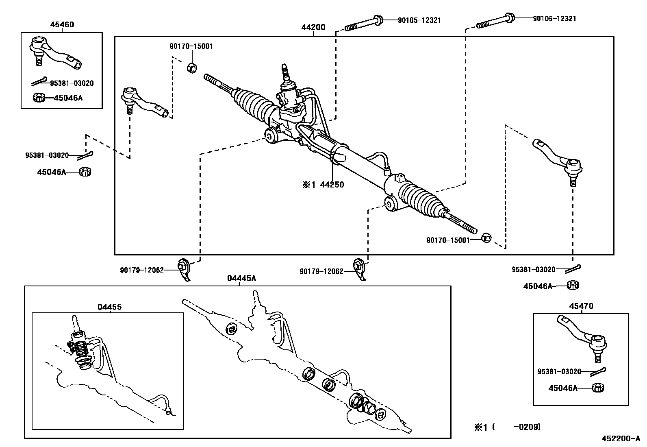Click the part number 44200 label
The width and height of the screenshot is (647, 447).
click(x=313, y=28)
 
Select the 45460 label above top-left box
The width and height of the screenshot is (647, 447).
click(x=62, y=24)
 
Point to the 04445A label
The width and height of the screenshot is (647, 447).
click(x=241, y=278)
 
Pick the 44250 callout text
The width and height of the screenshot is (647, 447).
click(x=332, y=185)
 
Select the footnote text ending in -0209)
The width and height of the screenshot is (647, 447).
click(x=507, y=427)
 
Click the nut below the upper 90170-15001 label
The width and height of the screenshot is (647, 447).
click(x=192, y=67)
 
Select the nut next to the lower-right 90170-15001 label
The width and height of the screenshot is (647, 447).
click(x=486, y=238)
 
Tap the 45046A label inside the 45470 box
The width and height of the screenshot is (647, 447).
click(x=562, y=388)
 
